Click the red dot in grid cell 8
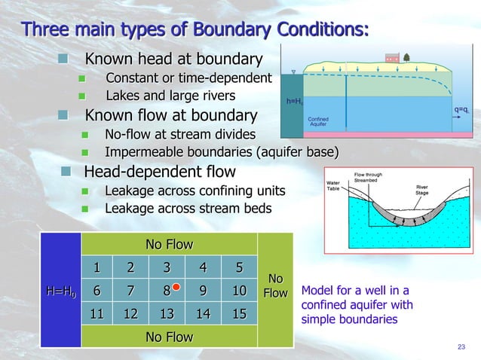174,287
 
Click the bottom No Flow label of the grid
170,337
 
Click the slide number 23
461,346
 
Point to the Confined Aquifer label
318,121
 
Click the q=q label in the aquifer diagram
461,110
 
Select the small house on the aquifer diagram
391,58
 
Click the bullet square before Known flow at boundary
66,115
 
